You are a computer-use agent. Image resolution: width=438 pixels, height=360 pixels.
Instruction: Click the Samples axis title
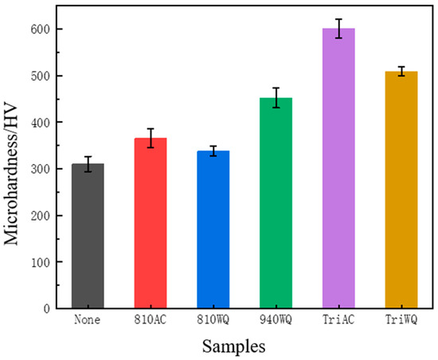tap(233, 346)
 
